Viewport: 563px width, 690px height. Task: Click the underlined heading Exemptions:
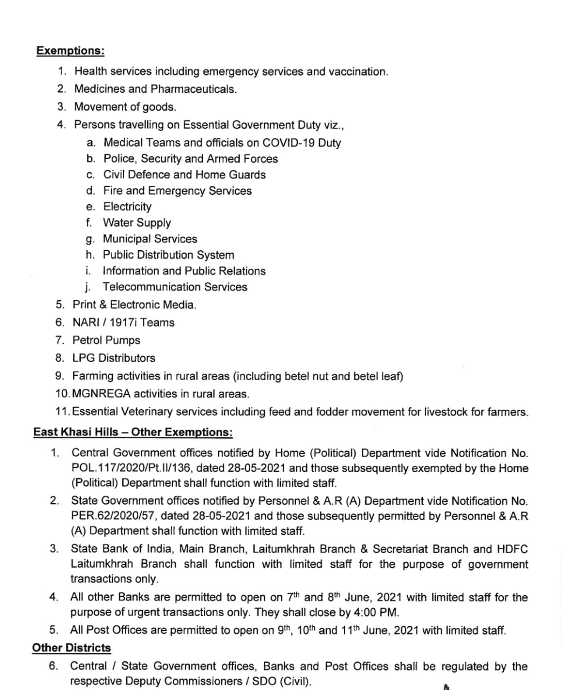(70, 51)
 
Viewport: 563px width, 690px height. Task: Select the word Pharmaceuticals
(194, 89)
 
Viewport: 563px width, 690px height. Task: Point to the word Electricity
(127, 207)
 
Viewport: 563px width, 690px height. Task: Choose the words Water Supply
(137, 223)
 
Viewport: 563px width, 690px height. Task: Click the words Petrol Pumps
(106, 341)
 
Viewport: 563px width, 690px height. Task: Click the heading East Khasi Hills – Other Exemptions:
(133, 432)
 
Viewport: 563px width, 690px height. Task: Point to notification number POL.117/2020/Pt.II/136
(138, 468)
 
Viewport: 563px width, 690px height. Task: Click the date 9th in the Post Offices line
(284, 630)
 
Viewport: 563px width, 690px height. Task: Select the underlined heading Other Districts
(71, 648)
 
